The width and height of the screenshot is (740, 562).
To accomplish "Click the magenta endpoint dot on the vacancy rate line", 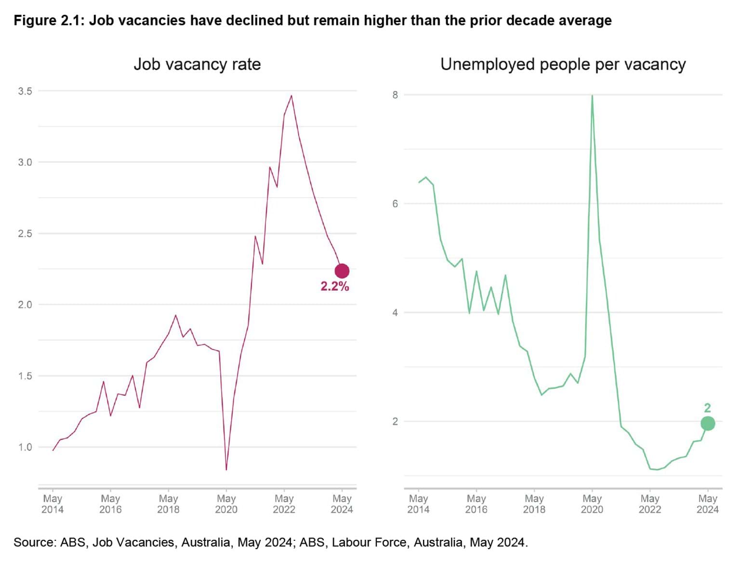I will point(342,271).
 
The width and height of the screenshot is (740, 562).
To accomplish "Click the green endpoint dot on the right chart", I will point(707,423).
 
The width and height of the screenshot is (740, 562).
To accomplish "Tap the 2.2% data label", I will point(334,286).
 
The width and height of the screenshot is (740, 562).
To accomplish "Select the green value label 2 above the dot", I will point(707,408).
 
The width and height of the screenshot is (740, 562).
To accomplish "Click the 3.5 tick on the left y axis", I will point(25,91).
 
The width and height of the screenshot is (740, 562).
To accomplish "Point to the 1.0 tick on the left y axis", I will point(25,447).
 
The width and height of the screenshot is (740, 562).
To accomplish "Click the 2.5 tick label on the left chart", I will point(25,233).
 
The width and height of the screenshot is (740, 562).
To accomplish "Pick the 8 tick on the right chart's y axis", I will point(395,95).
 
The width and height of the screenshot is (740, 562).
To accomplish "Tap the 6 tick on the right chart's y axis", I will point(395,203).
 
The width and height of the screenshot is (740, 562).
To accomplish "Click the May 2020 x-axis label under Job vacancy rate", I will point(226,504).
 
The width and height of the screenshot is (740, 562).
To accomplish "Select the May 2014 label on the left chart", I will point(53,504).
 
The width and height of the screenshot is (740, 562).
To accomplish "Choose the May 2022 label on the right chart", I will point(649,504).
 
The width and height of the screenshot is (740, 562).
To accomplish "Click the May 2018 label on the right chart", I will point(534,504).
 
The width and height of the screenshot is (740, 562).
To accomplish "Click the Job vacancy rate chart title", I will point(197,64).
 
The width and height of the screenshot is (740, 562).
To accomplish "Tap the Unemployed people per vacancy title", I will point(563,64).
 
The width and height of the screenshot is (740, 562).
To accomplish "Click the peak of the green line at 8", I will point(592,96).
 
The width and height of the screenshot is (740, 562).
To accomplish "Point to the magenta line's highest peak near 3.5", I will point(291,96).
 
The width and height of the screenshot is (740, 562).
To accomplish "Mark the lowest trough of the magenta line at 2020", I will point(226,469).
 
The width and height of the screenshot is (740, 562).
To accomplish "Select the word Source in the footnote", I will point(34,542).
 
